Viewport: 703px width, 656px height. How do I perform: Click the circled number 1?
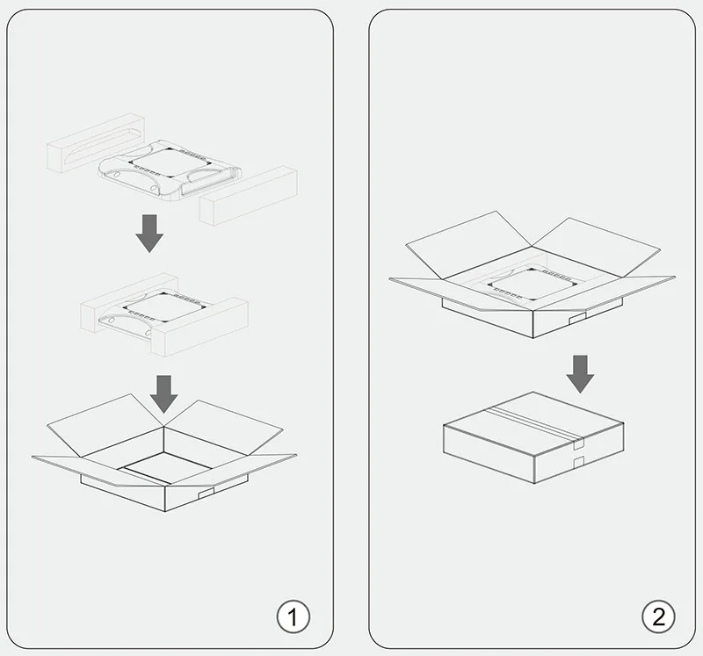tap(294, 616)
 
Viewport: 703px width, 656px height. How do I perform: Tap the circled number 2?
tap(659, 616)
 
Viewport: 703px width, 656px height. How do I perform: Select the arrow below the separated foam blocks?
tap(150, 232)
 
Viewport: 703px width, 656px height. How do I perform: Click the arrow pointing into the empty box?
tap(164, 393)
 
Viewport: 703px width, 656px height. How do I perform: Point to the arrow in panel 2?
tap(579, 373)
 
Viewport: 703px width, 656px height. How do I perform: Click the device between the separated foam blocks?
tap(168, 167)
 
